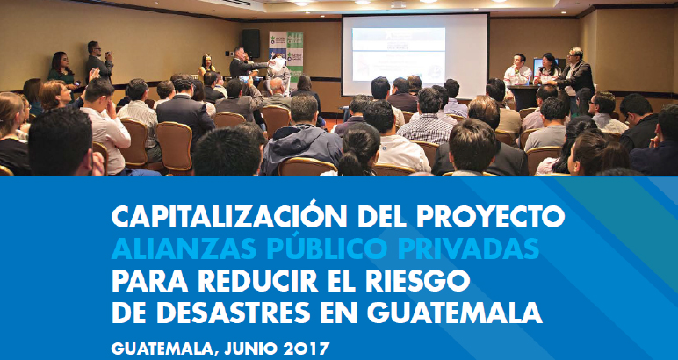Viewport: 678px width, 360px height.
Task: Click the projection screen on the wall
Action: click(x=415, y=55)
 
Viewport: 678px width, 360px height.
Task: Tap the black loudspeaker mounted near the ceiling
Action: click(x=251, y=43)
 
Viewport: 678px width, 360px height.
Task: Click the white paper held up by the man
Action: click(x=278, y=65)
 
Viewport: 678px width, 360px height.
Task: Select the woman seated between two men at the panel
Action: click(x=548, y=69)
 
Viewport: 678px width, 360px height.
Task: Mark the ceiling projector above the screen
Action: click(x=398, y=4)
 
